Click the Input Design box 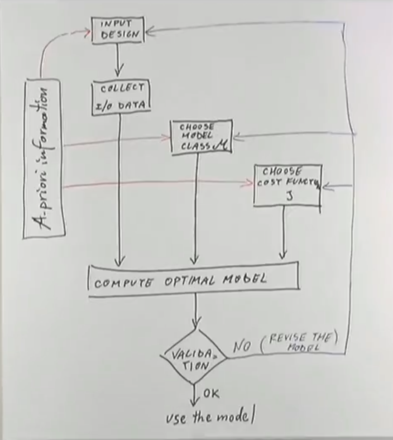click(x=117, y=29)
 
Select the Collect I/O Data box click(x=121, y=97)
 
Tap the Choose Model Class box click(x=193, y=136)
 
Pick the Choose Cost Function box click(x=287, y=185)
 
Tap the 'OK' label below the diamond click(x=211, y=394)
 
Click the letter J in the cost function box click(x=289, y=196)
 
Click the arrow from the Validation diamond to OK click(x=195, y=394)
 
